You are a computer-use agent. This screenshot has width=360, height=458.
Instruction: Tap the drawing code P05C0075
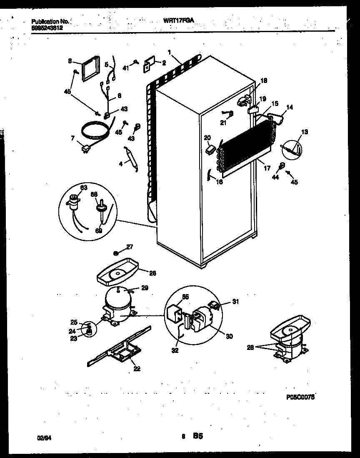pyautogui.click(x=300, y=398)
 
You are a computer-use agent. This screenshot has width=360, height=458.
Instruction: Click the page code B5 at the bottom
pyautogui.click(x=197, y=437)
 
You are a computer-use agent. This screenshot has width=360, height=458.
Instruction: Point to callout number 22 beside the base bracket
pyautogui.click(x=137, y=368)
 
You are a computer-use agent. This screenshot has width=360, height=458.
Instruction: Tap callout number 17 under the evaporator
pyautogui.click(x=267, y=168)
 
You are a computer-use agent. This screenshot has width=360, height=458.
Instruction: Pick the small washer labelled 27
pyautogui.click(x=117, y=253)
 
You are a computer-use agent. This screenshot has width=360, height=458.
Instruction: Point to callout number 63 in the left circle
pyautogui.click(x=84, y=188)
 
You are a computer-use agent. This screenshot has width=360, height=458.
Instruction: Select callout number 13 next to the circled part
pyautogui.click(x=305, y=132)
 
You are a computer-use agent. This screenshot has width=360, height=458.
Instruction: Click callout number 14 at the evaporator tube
pyautogui.click(x=289, y=107)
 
